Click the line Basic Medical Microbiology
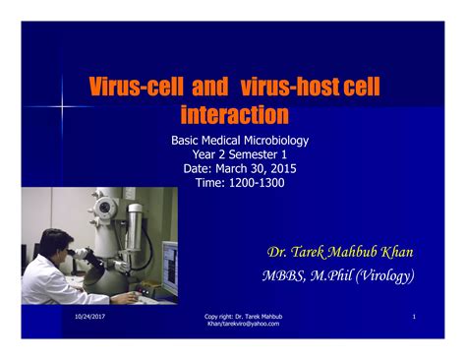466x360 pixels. click(x=240, y=141)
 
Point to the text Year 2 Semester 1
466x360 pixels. click(x=240, y=154)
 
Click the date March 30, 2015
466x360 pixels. click(x=258, y=168)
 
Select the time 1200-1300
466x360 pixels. click(x=258, y=182)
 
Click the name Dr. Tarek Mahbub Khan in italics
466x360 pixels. click(x=340, y=253)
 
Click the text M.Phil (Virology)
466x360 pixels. click(x=370, y=275)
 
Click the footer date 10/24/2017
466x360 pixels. click(x=89, y=317)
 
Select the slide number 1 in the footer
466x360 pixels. click(x=415, y=317)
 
